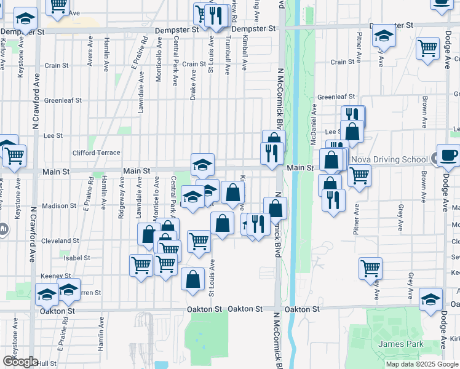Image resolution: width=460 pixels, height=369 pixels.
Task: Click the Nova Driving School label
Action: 389,160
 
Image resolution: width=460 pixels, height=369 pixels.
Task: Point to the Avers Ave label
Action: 90,54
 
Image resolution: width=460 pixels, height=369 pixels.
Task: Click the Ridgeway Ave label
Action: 122,198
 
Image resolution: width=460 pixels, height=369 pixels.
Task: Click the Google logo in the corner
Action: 20,362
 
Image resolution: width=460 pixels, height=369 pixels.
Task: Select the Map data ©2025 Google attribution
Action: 422,364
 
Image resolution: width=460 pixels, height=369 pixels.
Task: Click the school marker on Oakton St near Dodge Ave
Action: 430,298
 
